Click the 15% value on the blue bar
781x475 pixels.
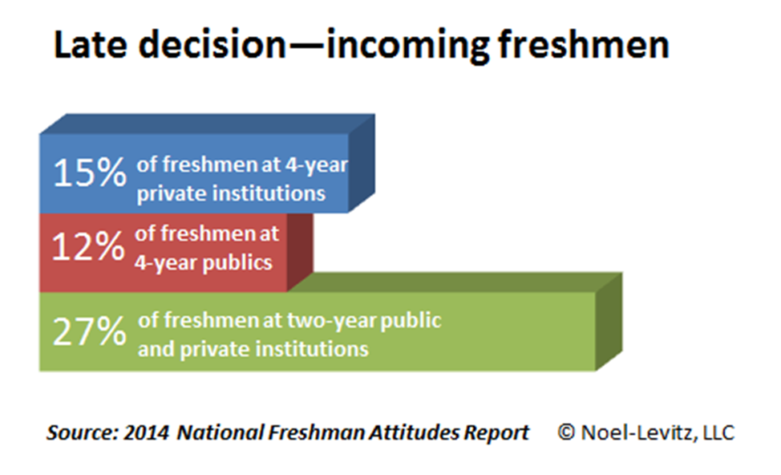click(90, 173)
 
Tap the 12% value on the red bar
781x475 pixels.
click(88, 246)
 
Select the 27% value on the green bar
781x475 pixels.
click(90, 331)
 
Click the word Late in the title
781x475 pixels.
click(90, 45)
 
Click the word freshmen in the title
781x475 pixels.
click(583, 45)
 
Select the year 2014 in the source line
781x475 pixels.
click(146, 432)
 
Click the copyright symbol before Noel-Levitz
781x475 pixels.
click(566, 432)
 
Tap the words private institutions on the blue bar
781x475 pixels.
click(231, 193)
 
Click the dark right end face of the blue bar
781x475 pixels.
click(362, 164)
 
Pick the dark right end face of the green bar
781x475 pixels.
click(609, 322)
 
